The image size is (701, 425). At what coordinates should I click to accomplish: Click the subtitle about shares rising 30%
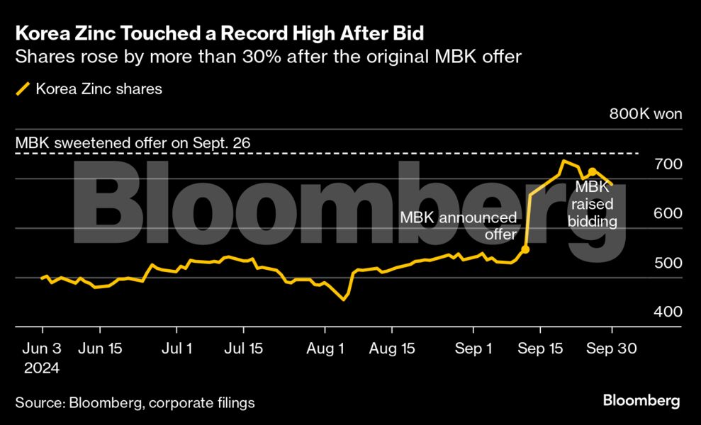click(268, 56)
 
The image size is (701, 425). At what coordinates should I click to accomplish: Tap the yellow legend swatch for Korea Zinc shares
click(23, 89)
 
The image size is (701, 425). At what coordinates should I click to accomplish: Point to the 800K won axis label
click(645, 115)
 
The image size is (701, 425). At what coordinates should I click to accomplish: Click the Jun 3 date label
click(42, 348)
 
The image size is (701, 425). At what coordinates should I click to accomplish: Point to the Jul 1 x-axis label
click(177, 348)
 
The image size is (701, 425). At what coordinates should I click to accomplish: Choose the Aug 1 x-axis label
click(325, 348)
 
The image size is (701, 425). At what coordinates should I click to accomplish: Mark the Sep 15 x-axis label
click(540, 348)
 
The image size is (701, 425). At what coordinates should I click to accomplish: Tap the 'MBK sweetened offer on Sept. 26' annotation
click(133, 143)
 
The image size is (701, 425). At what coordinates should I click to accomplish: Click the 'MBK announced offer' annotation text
click(459, 225)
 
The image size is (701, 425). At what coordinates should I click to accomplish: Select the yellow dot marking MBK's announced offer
click(525, 249)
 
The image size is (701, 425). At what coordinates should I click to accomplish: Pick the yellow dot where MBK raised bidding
click(592, 171)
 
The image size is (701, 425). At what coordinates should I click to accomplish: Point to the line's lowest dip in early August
click(344, 300)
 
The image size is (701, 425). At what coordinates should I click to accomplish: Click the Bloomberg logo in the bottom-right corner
click(641, 401)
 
